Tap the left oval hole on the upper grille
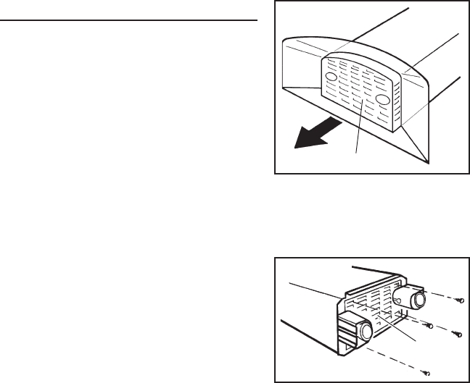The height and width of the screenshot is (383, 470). coord(330,76)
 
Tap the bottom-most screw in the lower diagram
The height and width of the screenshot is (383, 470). coord(427,373)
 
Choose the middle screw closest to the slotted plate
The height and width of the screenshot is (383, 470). coord(429,326)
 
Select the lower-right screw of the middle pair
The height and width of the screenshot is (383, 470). coord(458,334)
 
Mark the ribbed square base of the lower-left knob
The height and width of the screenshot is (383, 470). coord(347,329)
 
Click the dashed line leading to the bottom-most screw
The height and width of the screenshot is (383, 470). coord(392,358)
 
